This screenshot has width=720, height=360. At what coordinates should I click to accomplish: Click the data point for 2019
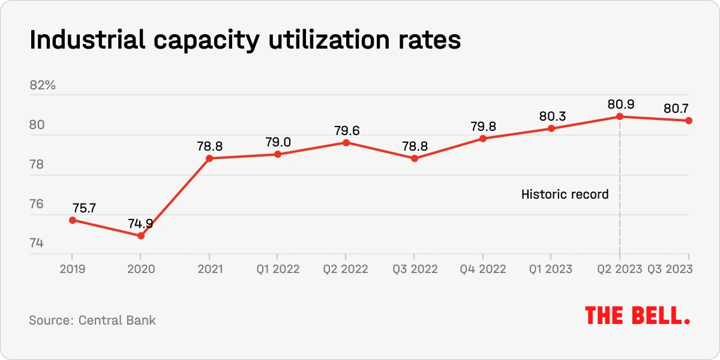pyautogui.click(x=73, y=220)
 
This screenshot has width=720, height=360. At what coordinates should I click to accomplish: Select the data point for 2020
pyautogui.click(x=141, y=236)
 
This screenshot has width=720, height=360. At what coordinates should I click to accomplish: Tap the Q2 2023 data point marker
pyautogui.click(x=620, y=116)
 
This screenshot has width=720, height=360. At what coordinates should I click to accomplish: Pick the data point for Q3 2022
pyautogui.click(x=415, y=158)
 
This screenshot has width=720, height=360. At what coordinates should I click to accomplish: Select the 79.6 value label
pyautogui.click(x=346, y=130)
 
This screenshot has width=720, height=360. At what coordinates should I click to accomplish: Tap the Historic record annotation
pyautogui.click(x=565, y=194)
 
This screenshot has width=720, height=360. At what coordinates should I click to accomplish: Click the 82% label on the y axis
pyautogui.click(x=43, y=85)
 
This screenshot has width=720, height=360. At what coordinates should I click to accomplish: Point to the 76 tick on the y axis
pyautogui.click(x=37, y=204)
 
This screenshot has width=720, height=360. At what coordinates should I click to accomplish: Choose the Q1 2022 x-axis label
pyautogui.click(x=278, y=269)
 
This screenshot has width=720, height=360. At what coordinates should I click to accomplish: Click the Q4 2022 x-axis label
pyautogui.click(x=483, y=269)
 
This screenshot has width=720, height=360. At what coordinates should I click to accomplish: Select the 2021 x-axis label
pyautogui.click(x=209, y=269)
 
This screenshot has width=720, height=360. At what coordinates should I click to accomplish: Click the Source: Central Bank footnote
pyautogui.click(x=92, y=320)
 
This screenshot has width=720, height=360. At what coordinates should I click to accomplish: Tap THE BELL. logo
pyautogui.click(x=637, y=316)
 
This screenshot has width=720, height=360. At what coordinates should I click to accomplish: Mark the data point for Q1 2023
pyautogui.click(x=551, y=128)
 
